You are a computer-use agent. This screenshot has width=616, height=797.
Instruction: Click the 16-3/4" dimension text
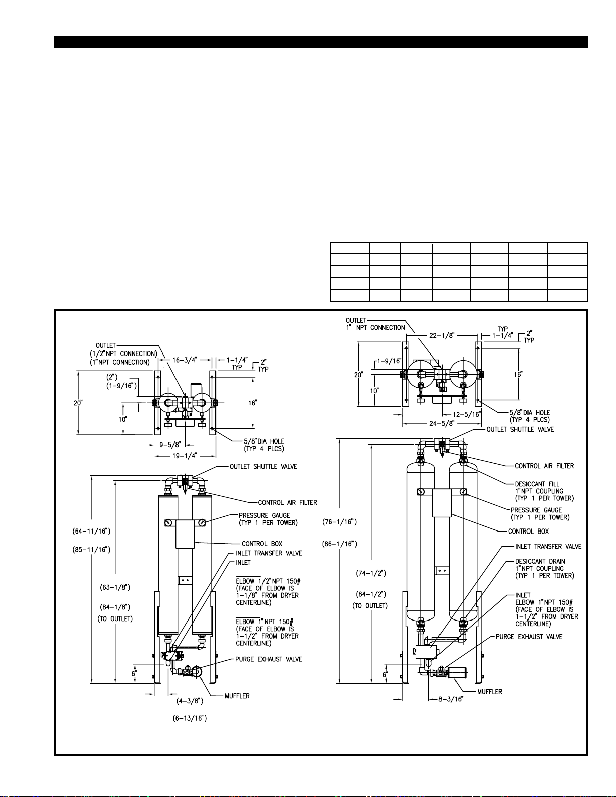[x=185, y=360]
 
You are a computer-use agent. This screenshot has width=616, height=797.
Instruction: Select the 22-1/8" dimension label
[x=442, y=335]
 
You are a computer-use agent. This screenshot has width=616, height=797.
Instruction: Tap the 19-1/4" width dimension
[x=185, y=456]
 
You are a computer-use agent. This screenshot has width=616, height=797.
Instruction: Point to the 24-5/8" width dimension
[x=442, y=423]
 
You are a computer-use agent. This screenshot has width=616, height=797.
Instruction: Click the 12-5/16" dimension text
[x=467, y=414]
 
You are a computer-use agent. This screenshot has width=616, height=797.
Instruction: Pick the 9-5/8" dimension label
[x=170, y=445]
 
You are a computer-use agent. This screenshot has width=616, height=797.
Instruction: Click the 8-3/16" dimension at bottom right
[x=450, y=699]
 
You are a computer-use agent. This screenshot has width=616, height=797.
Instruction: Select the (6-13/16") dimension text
[x=190, y=718]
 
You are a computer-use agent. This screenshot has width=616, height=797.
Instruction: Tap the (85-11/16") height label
[x=92, y=550]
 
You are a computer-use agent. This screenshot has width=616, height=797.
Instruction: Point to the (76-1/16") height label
[x=339, y=521]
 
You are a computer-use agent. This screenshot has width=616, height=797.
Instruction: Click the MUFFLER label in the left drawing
[x=237, y=696]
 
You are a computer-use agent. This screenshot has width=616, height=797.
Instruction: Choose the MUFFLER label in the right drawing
[x=489, y=692]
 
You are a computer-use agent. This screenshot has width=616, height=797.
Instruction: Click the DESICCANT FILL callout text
[x=537, y=484]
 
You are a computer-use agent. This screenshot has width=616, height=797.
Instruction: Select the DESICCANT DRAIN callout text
[x=540, y=561]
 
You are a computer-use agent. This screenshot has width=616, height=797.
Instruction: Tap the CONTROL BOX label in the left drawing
[x=262, y=544]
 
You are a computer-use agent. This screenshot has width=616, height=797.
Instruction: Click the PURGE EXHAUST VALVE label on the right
[x=529, y=637]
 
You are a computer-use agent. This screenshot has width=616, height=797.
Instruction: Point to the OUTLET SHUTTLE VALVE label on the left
[x=263, y=467]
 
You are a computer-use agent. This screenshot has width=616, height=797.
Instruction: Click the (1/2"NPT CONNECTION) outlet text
[x=124, y=353]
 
